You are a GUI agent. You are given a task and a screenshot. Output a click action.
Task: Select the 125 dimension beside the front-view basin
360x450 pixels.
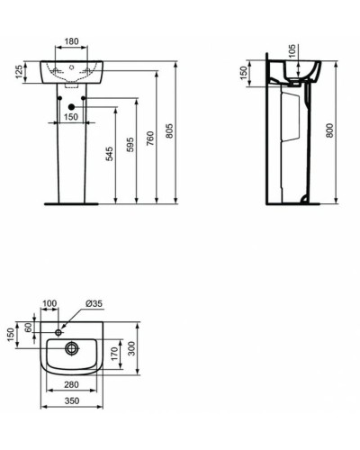pyautogui.click(x=17, y=72)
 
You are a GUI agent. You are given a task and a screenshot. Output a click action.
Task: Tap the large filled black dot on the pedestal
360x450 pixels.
pyautogui.click(x=71, y=104)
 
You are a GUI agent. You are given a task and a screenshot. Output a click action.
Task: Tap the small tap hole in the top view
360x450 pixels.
pyautogui.click(x=60, y=332)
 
